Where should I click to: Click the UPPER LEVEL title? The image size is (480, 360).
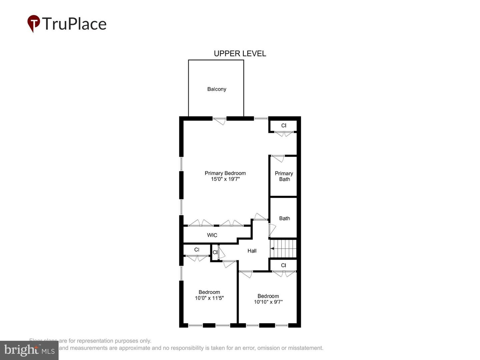coord(240,54)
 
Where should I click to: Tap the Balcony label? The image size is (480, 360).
coord(217,89)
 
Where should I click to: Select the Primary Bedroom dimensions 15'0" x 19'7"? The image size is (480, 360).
coord(225,179)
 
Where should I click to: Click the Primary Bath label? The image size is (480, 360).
coord(284,176)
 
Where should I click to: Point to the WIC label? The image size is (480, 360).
coord(212,235)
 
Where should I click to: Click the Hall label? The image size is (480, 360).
coord(252,251)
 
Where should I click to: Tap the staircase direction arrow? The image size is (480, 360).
coord(272,248)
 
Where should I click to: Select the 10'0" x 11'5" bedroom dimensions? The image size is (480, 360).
coord(209,298)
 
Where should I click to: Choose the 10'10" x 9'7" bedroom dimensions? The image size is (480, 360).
coord(268,302)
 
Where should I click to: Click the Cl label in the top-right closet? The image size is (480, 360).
coord(284,125)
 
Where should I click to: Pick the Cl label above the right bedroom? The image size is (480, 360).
coord(283,265)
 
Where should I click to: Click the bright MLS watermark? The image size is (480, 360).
coord(29,350)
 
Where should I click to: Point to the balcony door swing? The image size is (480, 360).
coord(219,121)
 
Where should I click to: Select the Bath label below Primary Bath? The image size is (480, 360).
coord(284,218)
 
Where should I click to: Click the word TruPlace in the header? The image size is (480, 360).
coord(74,24)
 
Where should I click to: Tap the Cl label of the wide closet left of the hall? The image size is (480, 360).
coord(197,250)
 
